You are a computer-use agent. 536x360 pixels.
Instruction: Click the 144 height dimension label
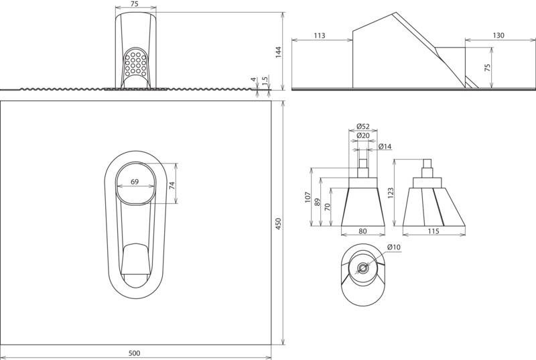click(278, 52)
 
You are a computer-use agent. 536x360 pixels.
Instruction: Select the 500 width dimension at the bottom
click(135, 353)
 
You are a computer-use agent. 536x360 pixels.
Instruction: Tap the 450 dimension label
click(278, 224)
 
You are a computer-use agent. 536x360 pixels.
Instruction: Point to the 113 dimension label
click(319, 36)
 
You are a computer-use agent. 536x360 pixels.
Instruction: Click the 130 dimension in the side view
click(498, 36)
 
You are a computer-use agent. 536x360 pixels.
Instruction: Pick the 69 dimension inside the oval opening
click(135, 182)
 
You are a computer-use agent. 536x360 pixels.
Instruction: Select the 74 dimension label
click(172, 185)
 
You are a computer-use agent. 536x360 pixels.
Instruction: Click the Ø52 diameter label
click(362, 126)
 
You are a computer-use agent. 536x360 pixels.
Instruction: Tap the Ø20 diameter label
click(362, 135)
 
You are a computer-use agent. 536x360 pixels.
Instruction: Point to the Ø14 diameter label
click(385, 147)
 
